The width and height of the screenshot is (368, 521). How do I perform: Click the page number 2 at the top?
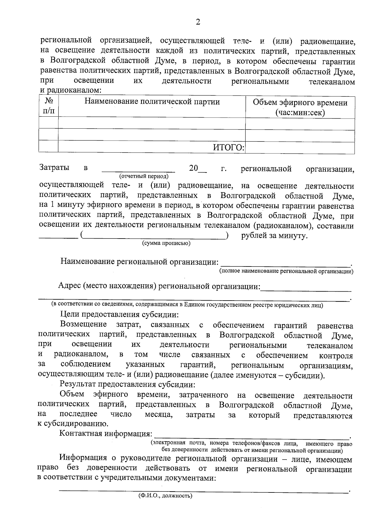pos(198,22)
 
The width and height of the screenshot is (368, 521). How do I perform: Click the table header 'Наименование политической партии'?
pos(152,102)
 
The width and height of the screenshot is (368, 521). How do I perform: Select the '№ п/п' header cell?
pos(48,106)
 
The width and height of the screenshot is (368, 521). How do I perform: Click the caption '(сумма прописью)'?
pos(166,243)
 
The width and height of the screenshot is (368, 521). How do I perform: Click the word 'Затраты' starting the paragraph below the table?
pos(54,168)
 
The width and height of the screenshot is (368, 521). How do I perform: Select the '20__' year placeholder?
pos(197,168)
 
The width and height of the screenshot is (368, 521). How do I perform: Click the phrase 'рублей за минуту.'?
pos(274,236)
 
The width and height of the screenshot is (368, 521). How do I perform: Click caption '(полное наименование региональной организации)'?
pos(286,271)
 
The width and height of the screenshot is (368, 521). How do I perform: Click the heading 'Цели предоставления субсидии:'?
pos(119,314)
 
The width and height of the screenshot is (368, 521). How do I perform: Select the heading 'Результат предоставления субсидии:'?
pos(127,384)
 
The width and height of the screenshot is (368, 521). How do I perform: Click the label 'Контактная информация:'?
pos(106,434)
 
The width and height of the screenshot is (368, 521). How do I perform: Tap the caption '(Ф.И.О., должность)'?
pos(165,496)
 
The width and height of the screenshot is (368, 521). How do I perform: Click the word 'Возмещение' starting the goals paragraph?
pos(83,325)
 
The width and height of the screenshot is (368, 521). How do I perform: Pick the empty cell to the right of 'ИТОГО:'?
pos(300,148)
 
